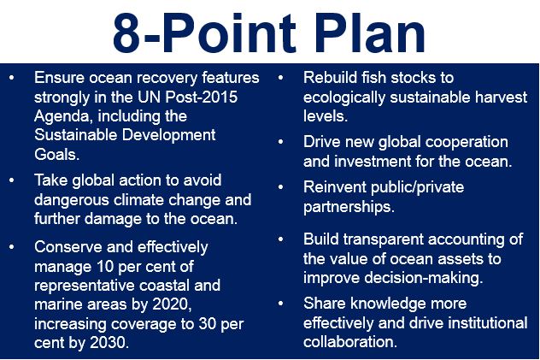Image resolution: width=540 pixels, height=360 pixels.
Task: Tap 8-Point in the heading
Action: click(204, 33)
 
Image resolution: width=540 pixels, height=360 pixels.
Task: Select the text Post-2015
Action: click(202, 97)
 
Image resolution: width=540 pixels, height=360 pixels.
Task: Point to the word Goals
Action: click(57, 154)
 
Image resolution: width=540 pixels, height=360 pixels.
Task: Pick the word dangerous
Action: click(72, 200)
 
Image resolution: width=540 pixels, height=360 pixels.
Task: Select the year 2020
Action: click(172, 305)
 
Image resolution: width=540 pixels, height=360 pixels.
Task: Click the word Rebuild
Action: click(330, 78)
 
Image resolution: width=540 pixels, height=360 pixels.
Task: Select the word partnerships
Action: click(349, 208)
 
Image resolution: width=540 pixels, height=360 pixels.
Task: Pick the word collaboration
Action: click(350, 342)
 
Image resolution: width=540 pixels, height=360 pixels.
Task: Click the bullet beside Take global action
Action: click(12, 180)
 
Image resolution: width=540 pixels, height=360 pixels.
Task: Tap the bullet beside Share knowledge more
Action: click(281, 304)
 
